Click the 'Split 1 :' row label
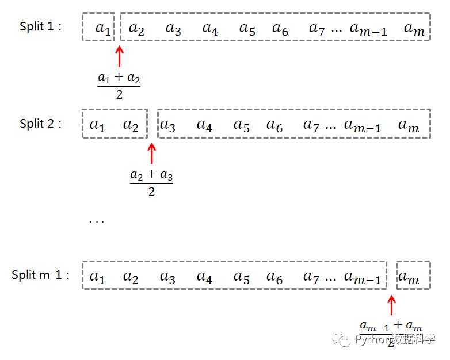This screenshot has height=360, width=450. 40,26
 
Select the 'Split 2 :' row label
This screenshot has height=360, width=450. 40,124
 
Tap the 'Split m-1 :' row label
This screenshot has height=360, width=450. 40,275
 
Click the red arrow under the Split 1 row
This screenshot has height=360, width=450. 119,56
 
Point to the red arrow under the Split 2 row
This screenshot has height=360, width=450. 151,154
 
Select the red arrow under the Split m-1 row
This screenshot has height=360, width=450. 391,305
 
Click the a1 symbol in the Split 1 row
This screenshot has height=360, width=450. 103,29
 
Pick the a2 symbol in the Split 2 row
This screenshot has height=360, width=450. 131,125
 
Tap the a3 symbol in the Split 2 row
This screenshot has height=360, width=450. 167,125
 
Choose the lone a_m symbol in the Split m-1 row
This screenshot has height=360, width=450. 409,277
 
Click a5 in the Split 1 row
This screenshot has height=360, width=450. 247,29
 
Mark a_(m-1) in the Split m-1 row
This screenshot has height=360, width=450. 363,277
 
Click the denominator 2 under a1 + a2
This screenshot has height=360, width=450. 119,95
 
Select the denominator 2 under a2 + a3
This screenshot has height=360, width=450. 151,192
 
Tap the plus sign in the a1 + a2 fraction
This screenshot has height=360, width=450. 119,76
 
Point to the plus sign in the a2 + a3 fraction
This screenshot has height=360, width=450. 151,174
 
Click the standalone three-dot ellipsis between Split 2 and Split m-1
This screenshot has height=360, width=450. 97,222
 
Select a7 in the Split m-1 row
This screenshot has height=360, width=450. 311,277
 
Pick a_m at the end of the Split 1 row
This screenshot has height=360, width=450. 414,29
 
